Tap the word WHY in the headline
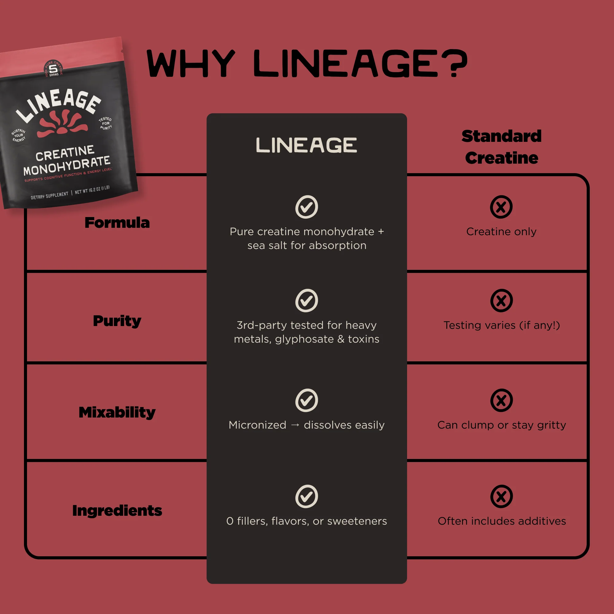tap(190, 64)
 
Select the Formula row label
tap(117, 223)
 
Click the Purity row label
tap(117, 321)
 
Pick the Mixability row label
tap(117, 412)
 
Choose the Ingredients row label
tap(117, 511)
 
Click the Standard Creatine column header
tap(502, 147)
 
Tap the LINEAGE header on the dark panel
tap(306, 145)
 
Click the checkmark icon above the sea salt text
tap(306, 207)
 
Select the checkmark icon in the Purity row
tap(306, 300)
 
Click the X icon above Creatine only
tap(501, 207)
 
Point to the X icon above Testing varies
tap(501, 300)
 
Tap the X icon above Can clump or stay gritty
tap(501, 400)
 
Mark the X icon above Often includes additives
tap(501, 496)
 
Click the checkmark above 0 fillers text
tap(306, 496)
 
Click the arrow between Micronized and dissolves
tap(295, 425)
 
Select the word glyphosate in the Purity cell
tap(304, 340)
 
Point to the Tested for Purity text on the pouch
tap(106, 123)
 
